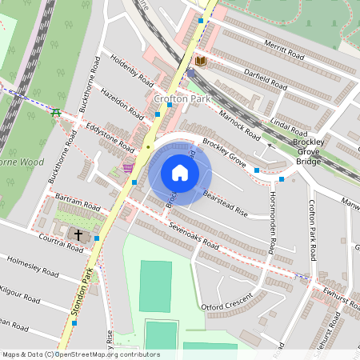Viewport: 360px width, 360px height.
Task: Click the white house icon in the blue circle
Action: [180, 173]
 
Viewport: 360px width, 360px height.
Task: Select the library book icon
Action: [200, 61]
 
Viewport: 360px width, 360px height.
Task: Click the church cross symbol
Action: [78, 234]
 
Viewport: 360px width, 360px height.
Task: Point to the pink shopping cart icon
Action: [128, 168]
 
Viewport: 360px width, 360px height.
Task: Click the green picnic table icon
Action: [55, 112]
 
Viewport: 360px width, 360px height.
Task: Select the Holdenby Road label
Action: [132, 70]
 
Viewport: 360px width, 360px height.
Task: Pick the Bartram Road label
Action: [79, 206]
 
